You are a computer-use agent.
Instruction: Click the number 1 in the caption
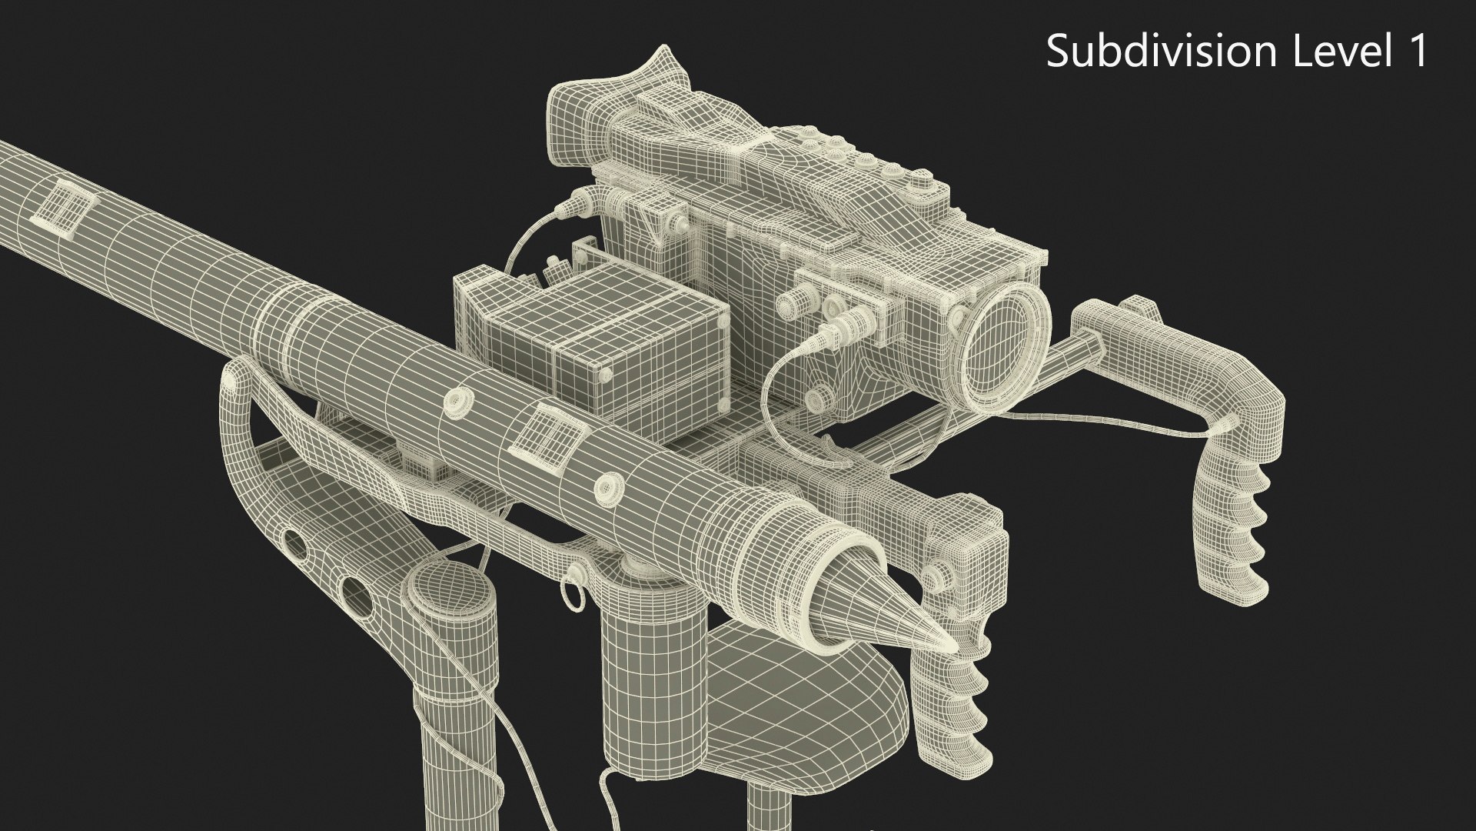click(x=1417, y=51)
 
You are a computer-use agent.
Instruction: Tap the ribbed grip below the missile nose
click(x=970, y=708)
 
